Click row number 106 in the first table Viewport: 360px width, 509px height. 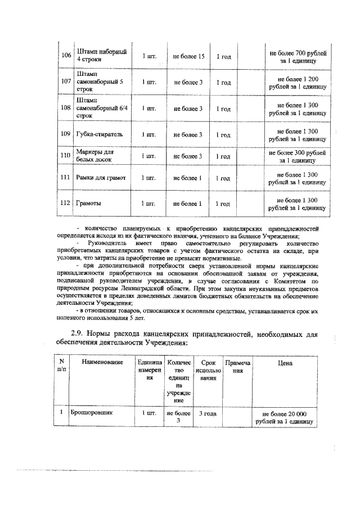pyautogui.click(x=66, y=55)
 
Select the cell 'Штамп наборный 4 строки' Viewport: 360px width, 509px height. pyautogui.click(x=97, y=55)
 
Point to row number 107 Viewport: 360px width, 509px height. pyautogui.click(x=66, y=82)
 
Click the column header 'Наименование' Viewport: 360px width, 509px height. pyautogui.click(x=102, y=363)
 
